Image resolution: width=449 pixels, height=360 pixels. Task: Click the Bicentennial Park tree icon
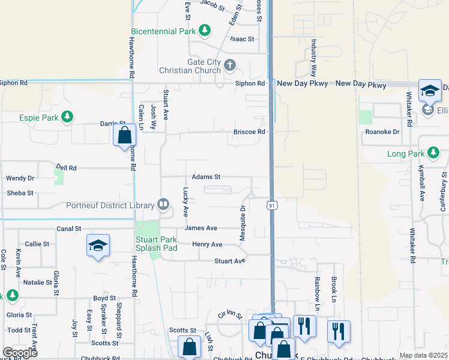[205, 30]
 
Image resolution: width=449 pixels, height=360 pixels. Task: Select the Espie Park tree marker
[68, 116]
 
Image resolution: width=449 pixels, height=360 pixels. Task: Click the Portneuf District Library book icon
[163, 205]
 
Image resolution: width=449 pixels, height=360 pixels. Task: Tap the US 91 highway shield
[272, 206]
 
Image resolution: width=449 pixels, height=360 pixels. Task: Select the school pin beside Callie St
[98, 246]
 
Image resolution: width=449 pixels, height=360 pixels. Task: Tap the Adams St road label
[206, 177]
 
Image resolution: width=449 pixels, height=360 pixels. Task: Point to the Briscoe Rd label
[249, 131]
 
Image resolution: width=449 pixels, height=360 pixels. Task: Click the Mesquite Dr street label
[243, 223]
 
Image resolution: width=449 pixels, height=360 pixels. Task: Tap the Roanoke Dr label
[387, 131]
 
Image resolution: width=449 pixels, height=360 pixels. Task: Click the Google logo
[20, 353]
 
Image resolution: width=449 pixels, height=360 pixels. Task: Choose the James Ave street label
[201, 228]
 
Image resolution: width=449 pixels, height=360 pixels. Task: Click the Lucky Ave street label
[186, 202]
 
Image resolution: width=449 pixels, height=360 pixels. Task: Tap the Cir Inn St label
[230, 314]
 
